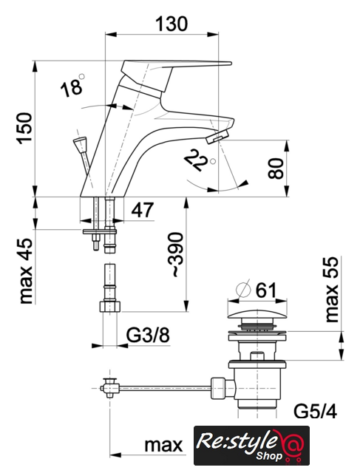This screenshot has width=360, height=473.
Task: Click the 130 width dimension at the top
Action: point(171,24)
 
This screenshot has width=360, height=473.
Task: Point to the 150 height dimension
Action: point(25,128)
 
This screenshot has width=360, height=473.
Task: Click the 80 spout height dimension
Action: point(276,169)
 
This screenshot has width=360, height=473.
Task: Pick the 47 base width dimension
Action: point(143,210)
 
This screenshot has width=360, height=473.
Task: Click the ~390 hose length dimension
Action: point(176,254)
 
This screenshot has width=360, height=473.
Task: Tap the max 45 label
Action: point(26,271)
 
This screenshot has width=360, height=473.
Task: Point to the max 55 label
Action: point(332,290)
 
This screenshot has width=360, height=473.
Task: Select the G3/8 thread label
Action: point(148,335)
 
